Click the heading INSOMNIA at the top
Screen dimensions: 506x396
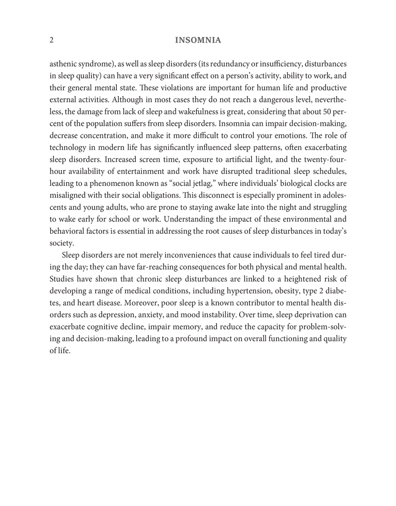[198, 40]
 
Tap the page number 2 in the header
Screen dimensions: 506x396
[51, 40]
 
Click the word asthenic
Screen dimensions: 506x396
[62, 64]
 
